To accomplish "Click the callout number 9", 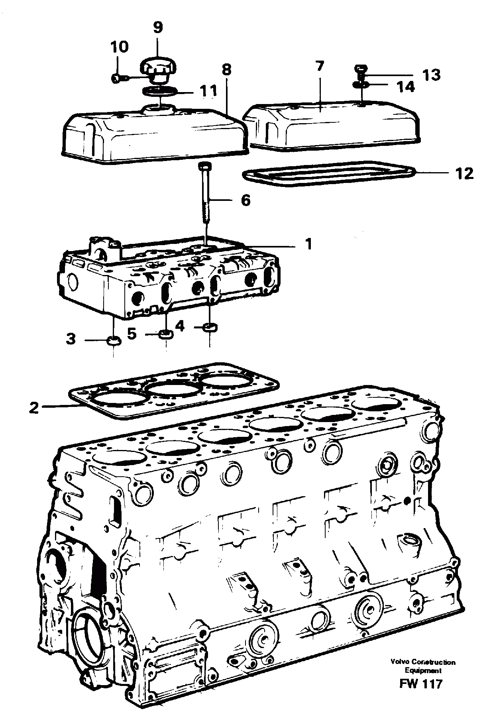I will pos(158,28).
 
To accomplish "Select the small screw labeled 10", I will pos(116,79).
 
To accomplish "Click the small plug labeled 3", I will pos(114,341).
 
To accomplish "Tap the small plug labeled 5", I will pos(166,334).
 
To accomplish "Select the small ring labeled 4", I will pos(210,328).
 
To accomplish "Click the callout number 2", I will pos(34,408).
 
